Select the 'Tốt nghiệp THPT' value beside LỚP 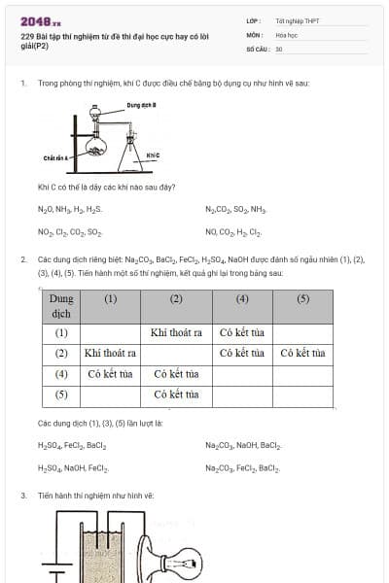pos(290,19)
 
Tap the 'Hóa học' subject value pos(286,33)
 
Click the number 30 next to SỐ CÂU pos(279,48)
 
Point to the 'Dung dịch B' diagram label pos(142,105)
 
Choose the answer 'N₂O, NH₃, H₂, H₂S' pos(70,209)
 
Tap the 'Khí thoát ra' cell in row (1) pos(177,331)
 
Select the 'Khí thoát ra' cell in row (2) pos(109,353)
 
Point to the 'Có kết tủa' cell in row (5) pos(177,394)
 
